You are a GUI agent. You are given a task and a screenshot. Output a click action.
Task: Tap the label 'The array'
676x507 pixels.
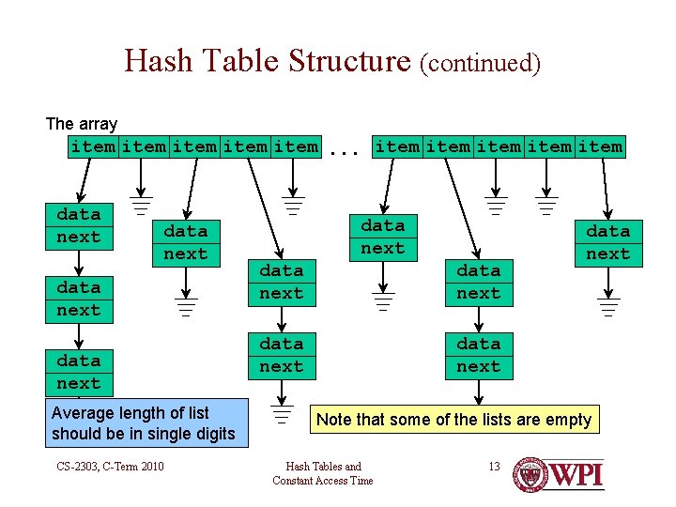(x=82, y=124)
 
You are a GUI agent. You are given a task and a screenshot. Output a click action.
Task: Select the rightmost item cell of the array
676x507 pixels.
(x=600, y=146)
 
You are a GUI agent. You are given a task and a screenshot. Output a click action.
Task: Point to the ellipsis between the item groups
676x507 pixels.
(x=346, y=148)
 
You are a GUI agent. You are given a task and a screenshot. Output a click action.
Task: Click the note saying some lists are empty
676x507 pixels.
(x=454, y=420)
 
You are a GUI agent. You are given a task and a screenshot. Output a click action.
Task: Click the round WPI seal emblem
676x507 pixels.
(x=531, y=474)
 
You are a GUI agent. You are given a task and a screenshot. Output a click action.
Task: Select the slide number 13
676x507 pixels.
(x=494, y=467)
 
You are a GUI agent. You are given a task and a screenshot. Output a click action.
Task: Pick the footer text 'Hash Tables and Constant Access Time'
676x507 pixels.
(x=323, y=473)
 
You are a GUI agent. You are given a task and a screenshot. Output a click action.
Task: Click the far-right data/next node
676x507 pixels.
(x=608, y=242)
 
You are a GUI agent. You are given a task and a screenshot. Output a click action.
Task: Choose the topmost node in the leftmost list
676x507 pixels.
(x=79, y=226)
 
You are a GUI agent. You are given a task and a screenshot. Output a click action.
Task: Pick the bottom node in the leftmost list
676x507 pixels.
(x=79, y=372)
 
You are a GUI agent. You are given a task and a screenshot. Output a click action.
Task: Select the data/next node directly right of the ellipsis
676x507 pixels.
(x=383, y=237)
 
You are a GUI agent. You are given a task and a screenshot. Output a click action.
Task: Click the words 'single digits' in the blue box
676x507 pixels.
(x=190, y=434)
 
